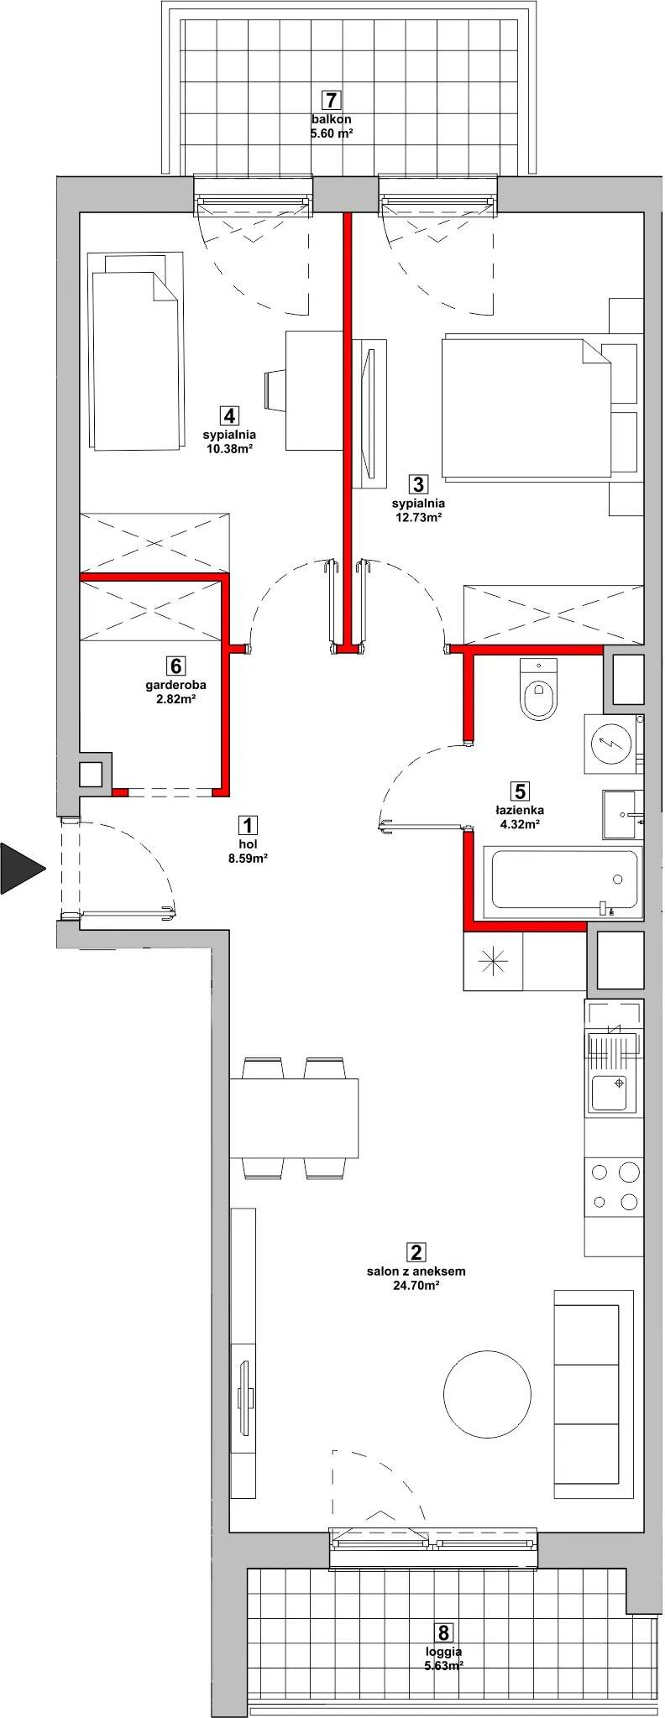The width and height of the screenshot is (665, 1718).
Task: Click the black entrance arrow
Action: click(x=20, y=867)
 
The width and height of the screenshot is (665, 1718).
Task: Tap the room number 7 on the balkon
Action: click(x=332, y=100)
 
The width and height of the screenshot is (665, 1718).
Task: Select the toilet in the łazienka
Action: click(x=538, y=689)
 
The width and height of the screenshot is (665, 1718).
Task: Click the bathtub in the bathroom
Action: click(x=563, y=880)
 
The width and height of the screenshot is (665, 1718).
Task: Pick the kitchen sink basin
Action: click(x=611, y=1092)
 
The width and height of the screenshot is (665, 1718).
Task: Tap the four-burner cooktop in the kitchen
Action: click(x=615, y=1186)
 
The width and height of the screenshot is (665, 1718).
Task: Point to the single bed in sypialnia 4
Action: click(x=137, y=351)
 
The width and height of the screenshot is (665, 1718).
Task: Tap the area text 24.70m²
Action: click(x=416, y=1285)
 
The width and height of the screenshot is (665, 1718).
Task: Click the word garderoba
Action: click(x=175, y=685)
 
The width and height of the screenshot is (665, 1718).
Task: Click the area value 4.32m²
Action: click(x=519, y=824)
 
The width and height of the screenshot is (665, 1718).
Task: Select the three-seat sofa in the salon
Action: click(x=594, y=1394)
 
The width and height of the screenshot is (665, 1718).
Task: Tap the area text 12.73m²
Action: click(x=418, y=517)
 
